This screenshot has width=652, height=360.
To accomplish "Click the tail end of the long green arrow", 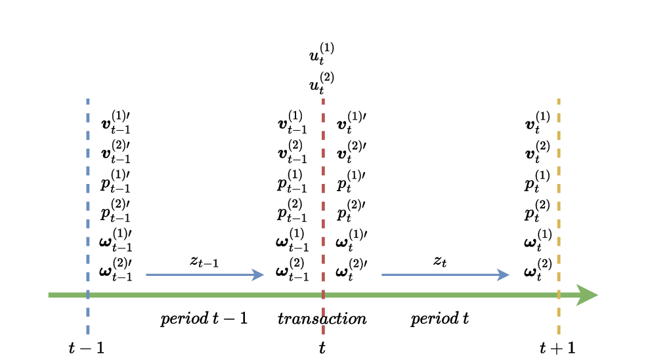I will [x=49, y=295].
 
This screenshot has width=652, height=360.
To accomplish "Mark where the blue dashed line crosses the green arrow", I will [x=88, y=295].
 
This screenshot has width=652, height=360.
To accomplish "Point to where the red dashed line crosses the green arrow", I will [x=323, y=295].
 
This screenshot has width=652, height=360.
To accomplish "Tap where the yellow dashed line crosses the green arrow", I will [x=559, y=295].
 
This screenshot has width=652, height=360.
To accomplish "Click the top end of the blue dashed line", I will [x=88, y=100].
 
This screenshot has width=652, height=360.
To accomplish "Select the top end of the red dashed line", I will [x=323, y=100].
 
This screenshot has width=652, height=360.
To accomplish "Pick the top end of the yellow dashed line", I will [x=559, y=100].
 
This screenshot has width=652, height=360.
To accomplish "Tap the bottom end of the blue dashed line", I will [x=88, y=333].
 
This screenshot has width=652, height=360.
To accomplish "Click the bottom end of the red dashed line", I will [x=323, y=333].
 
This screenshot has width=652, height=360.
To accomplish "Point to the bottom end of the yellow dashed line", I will [x=559, y=333].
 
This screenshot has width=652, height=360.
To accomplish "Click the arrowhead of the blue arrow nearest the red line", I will [x=260, y=275].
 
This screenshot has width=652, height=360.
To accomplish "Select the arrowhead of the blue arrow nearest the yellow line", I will [x=505, y=275].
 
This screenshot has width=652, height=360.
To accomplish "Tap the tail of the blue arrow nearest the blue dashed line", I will [x=147, y=275].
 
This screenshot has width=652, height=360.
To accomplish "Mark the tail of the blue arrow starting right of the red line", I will [x=383, y=275].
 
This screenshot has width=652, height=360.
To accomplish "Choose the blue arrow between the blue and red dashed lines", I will [x=204, y=275].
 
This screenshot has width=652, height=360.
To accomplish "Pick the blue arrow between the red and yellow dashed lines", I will [x=443, y=275].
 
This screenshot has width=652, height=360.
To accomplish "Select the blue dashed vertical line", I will [x=88, y=197].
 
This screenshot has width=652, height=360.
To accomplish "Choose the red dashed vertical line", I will [x=323, y=197].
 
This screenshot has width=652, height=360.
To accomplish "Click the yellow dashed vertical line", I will [x=559, y=197].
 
